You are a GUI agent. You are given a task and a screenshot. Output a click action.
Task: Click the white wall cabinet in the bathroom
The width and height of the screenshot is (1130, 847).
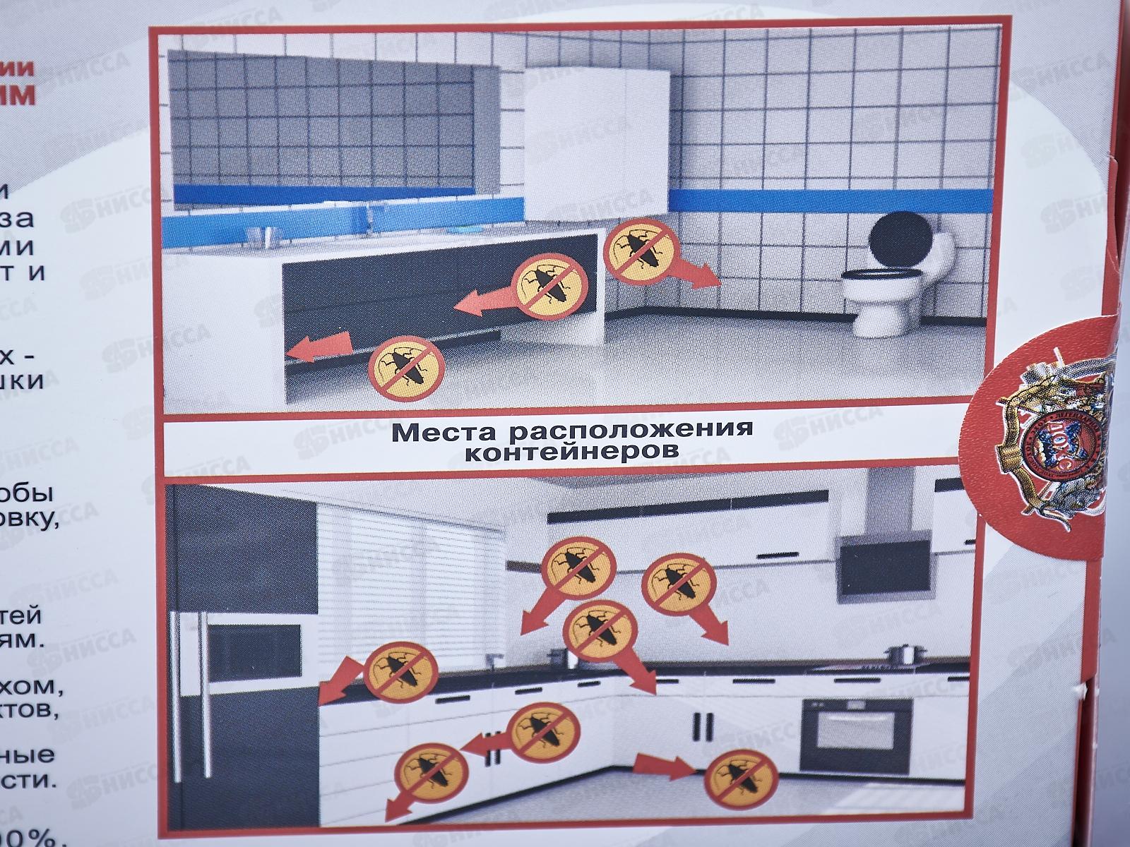pos(597,141)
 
